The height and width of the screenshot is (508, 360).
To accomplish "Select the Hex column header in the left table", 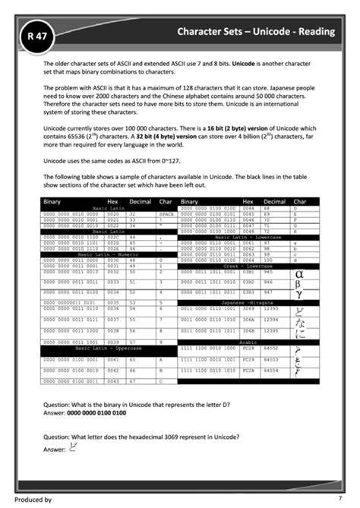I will tap(113, 202).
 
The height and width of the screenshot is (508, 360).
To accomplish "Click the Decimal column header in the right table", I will tap(273, 202).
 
